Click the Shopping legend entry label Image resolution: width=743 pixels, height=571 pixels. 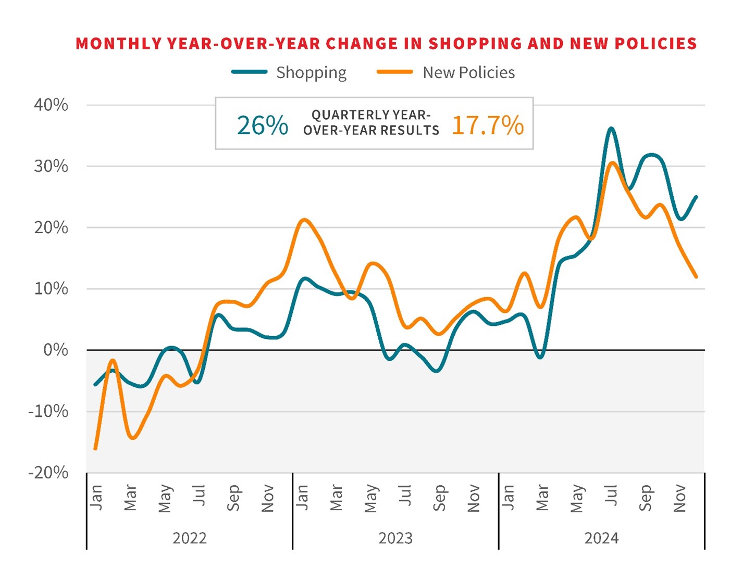311,73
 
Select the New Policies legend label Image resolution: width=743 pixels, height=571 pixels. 468,72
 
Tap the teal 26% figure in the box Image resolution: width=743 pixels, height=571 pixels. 262,125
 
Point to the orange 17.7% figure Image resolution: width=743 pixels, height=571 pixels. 488,125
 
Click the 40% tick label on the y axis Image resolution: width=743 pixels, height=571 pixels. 51,105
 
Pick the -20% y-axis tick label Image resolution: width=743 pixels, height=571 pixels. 48,473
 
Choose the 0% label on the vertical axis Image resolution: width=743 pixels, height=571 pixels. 56,350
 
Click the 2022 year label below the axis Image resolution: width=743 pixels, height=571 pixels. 189,538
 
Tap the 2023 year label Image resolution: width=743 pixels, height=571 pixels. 395,538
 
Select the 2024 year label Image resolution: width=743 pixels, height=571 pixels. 601,538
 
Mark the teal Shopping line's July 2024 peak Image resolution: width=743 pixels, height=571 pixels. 611,128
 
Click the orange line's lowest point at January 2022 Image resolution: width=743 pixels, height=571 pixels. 95,448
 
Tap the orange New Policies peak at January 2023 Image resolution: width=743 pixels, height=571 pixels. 304,220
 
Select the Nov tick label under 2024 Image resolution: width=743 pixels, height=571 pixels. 679,498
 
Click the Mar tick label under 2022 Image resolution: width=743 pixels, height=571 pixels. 130,498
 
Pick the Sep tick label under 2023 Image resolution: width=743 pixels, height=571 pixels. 439,498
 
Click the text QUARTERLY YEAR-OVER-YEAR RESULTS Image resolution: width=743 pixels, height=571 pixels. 371,123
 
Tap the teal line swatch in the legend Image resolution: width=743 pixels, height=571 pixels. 250,72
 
